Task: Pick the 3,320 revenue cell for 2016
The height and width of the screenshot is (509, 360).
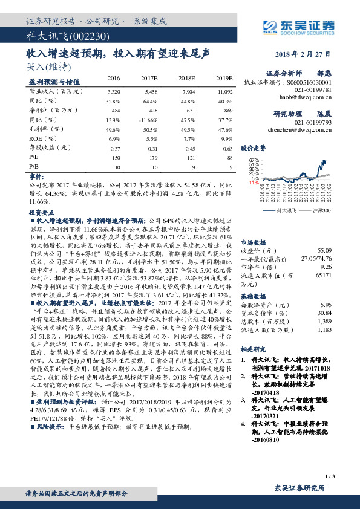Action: click(114, 91)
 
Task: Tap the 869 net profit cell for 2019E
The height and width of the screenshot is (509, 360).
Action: click(228, 110)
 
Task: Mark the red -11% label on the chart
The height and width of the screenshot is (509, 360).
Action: click(253, 182)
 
